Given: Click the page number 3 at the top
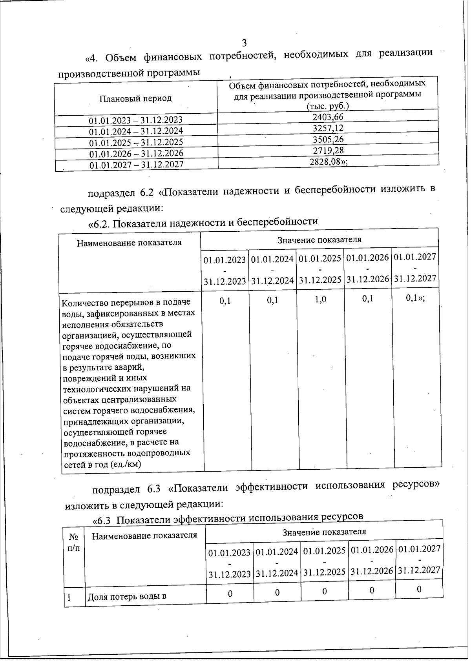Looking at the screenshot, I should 244,43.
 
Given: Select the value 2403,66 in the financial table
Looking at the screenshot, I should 328,117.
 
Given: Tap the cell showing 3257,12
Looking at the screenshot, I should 328,128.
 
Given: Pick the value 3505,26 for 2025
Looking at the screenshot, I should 328,139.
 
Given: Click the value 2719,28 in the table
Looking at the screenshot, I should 329,150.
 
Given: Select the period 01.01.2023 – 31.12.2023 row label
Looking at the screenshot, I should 136,120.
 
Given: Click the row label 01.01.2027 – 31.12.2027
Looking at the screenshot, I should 137,165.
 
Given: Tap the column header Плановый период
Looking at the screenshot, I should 135,98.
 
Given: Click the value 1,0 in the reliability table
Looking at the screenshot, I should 320,300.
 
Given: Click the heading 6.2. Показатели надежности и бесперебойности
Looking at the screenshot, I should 203,222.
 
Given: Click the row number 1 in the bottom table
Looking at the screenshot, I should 69,597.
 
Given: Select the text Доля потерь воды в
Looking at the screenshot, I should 127,597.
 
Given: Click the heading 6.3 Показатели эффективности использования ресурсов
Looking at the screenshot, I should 228,519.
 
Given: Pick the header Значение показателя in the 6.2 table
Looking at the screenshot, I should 319,240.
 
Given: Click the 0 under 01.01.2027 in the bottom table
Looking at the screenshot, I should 419,589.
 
